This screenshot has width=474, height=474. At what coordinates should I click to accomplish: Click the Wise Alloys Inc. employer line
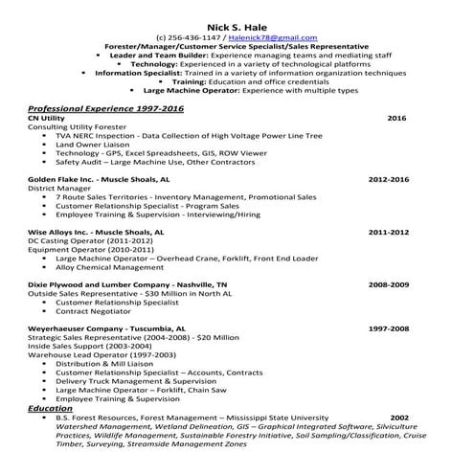(96, 232)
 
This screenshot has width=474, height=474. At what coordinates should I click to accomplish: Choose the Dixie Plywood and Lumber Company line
(127, 284)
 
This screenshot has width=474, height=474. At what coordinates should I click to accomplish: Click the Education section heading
(51, 408)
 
